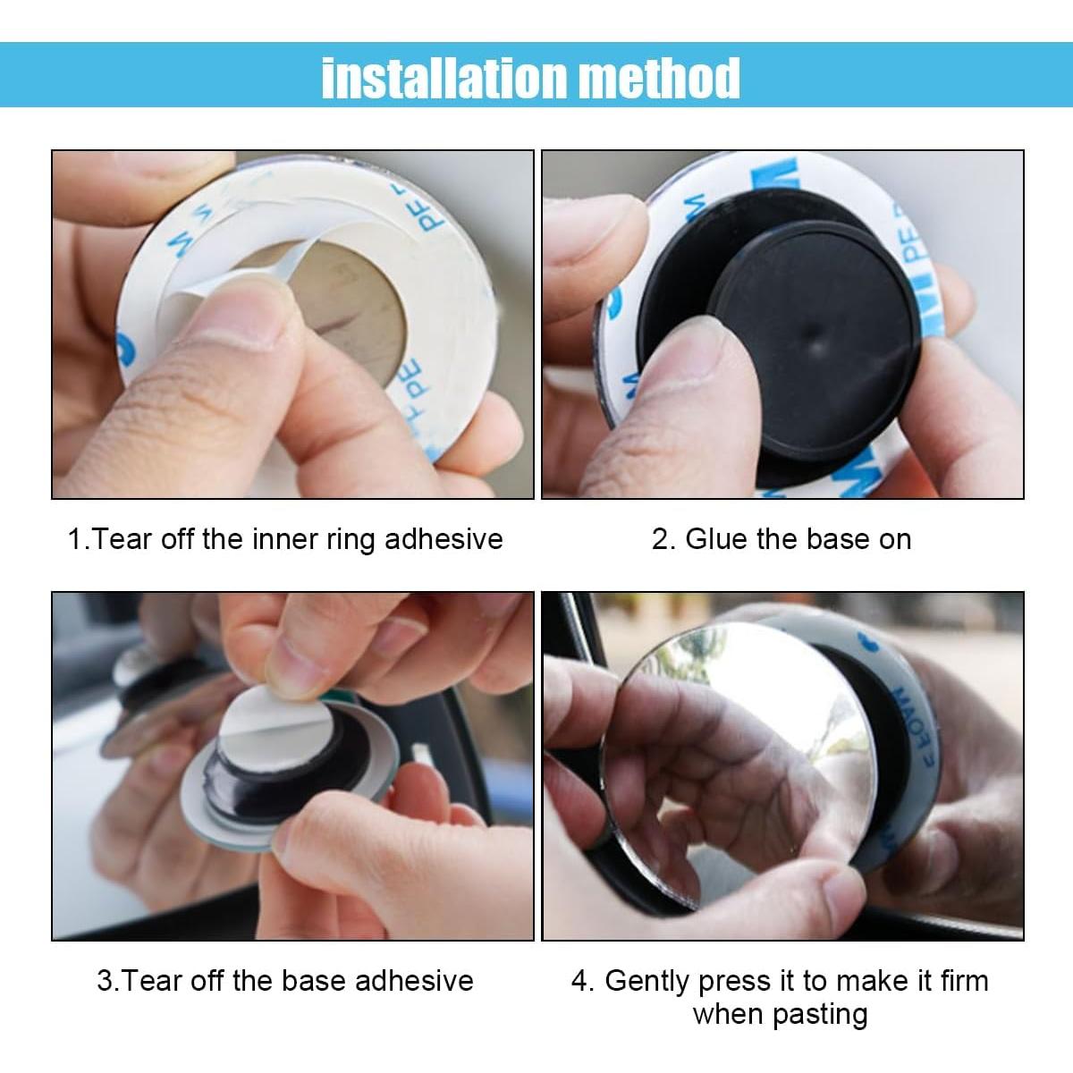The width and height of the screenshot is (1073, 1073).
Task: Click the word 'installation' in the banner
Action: click(x=444, y=78)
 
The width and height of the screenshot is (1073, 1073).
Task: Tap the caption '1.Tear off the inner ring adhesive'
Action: click(x=285, y=539)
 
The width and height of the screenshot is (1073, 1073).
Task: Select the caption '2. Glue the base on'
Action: click(x=782, y=539)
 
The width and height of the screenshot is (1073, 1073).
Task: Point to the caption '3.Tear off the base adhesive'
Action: click(x=285, y=980)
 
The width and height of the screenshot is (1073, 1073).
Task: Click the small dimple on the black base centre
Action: click(x=816, y=334)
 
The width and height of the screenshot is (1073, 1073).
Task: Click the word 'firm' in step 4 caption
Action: click(x=964, y=980)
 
